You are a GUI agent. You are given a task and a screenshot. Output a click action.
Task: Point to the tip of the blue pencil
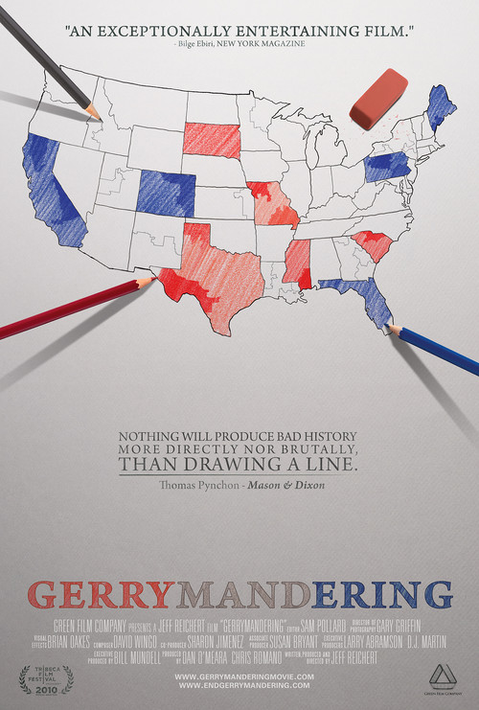tap(388, 327)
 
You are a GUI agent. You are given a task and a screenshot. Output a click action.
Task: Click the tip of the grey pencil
tap(98, 118)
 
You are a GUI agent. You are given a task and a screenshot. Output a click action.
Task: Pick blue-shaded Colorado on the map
tap(166, 193)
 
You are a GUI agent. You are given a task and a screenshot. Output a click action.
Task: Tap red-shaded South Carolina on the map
tap(370, 244)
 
